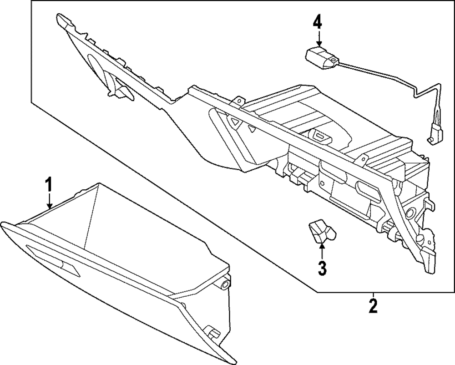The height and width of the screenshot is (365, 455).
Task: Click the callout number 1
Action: pyautogui.click(x=49, y=185)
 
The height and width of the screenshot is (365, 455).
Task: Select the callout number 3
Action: pyautogui.click(x=322, y=268)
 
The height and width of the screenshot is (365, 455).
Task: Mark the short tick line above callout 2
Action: pyautogui.click(x=373, y=294)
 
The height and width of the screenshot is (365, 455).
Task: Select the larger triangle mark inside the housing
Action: pyautogui.click(x=235, y=122)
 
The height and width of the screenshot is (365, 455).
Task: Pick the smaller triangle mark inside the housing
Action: pyautogui.click(x=251, y=129)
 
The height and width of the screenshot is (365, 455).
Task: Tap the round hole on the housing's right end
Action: pyautogui.click(x=409, y=213)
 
